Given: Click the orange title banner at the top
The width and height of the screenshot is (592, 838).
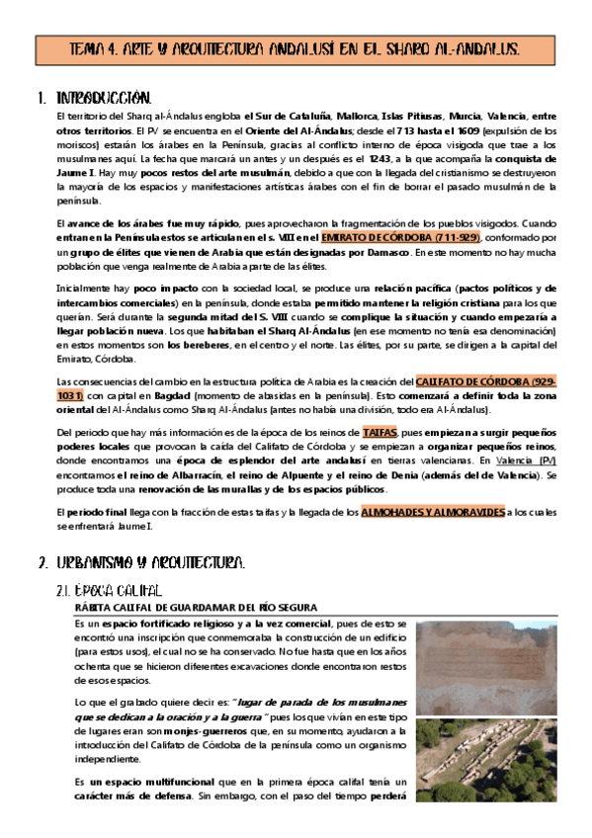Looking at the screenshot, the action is tap(296, 49).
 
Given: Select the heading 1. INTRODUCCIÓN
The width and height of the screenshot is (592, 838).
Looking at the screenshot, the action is tap(104, 99).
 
